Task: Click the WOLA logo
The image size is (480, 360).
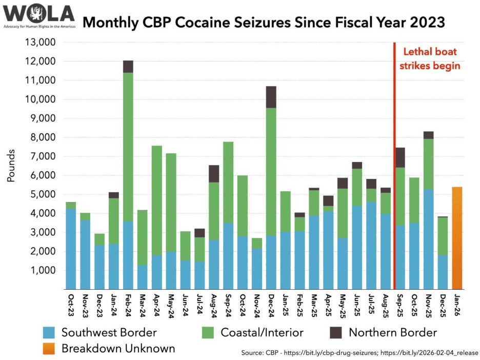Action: click(39, 15)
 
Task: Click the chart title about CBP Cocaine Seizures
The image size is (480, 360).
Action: click(264, 23)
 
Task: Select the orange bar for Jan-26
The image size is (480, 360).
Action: click(457, 238)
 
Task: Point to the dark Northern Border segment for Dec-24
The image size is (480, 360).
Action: click(271, 97)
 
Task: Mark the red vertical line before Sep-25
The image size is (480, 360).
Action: click(394, 164)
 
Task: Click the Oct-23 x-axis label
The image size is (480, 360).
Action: click(71, 305)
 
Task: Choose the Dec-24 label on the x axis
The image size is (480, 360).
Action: click(272, 305)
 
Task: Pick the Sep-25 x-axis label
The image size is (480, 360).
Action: click(401, 305)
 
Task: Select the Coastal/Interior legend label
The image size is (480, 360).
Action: click(262, 332)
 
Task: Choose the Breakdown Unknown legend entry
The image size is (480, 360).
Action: click(118, 349)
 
